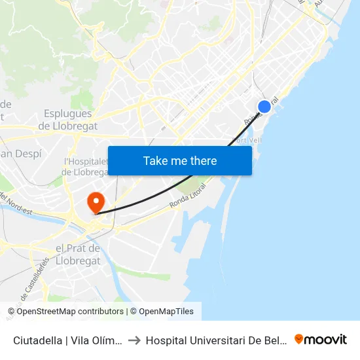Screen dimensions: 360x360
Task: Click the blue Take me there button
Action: (180, 160)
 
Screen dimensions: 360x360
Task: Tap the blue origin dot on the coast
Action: (264, 107)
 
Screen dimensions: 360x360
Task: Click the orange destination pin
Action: (96, 202)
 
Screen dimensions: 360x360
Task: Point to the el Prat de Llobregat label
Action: (79, 254)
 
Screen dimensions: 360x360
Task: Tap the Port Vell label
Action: (247, 139)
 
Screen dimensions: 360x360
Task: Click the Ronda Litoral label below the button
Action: (188, 197)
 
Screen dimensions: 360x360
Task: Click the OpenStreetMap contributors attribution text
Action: (69, 312)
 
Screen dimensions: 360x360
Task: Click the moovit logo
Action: (321, 339)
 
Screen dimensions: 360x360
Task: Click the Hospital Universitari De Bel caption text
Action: (216, 340)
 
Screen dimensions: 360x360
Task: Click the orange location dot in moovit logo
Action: (299, 339)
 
